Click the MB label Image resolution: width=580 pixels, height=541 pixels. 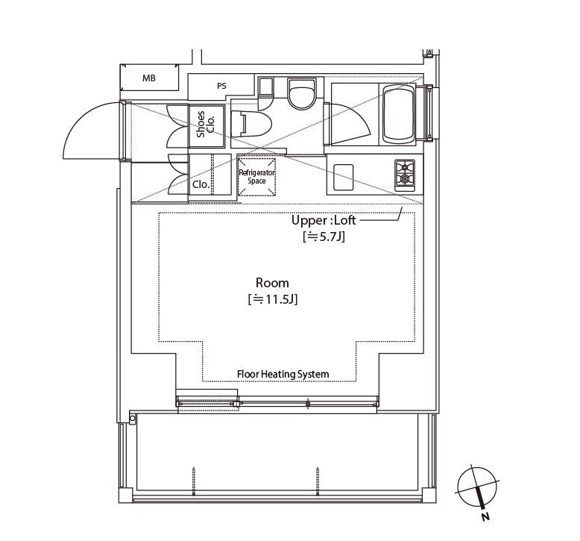(148, 78)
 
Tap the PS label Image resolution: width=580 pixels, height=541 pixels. (221, 86)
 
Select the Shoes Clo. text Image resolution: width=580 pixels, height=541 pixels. (205, 125)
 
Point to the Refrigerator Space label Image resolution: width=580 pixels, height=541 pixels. (256, 177)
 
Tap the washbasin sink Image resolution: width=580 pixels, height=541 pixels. (302, 93)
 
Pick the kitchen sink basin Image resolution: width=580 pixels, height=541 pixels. (343, 177)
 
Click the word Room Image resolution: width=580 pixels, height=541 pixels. (272, 283)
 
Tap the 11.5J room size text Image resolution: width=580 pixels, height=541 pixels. (273, 298)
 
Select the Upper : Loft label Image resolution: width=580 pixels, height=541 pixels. (324, 220)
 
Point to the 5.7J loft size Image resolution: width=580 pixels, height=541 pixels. (324, 237)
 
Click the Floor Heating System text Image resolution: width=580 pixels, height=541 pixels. (283, 374)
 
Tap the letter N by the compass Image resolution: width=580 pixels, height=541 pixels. (485, 516)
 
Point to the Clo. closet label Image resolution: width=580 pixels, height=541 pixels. (201, 184)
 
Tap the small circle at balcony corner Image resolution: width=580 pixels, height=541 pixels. (133, 419)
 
